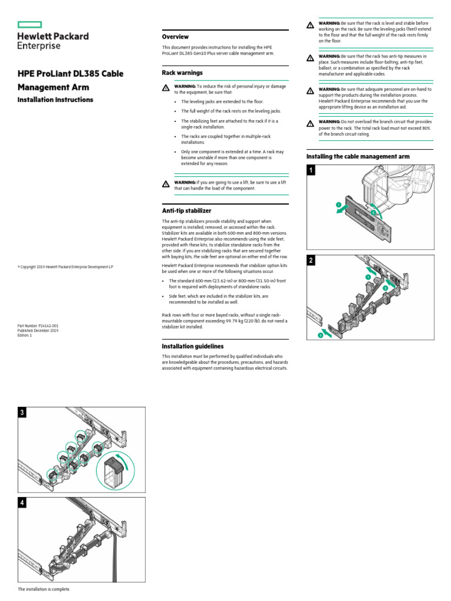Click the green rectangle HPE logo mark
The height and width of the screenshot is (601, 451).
(30, 24)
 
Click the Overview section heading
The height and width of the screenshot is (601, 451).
(175, 36)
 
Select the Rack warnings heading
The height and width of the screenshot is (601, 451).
(182, 73)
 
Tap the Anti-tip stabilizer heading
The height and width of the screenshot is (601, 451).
(186, 210)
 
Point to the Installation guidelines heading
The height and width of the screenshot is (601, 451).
(193, 346)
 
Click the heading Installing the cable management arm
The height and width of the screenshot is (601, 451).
(358, 157)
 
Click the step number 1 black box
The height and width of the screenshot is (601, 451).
(311, 171)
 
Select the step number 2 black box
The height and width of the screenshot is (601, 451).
(311, 260)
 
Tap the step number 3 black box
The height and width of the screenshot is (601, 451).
(22, 413)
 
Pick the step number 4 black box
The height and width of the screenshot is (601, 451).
(22, 502)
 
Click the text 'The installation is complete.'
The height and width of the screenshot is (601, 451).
(44, 589)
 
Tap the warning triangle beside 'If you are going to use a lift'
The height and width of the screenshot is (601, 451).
(166, 184)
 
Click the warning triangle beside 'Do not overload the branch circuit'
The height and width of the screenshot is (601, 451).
(310, 123)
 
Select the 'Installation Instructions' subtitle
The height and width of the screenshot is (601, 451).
(55, 100)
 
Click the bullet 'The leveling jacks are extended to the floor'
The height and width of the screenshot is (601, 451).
(225, 102)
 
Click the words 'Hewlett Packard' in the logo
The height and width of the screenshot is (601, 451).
(53, 36)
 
